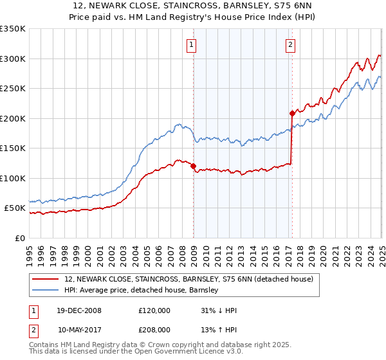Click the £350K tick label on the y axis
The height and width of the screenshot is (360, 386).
pos(13,29)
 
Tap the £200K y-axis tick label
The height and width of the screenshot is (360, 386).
pos(13,118)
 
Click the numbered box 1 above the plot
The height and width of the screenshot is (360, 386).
pos(192,45)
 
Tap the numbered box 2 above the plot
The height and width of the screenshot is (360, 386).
pos(291,45)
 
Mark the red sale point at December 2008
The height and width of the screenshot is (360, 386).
pos(193,166)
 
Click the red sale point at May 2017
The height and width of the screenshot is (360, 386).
pos(292,113)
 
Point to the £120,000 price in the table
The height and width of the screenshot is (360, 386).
pos(154,310)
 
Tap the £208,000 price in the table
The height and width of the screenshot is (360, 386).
pos(154,329)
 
